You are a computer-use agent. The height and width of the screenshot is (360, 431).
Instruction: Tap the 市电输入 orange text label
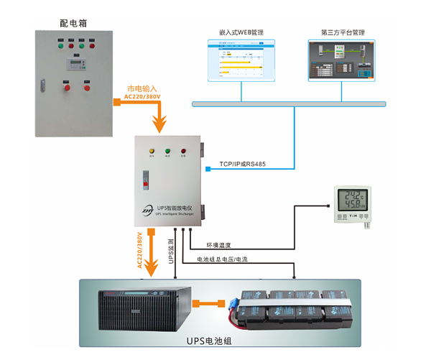(142, 88)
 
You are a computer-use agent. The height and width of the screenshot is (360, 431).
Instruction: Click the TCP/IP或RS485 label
(242, 165)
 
